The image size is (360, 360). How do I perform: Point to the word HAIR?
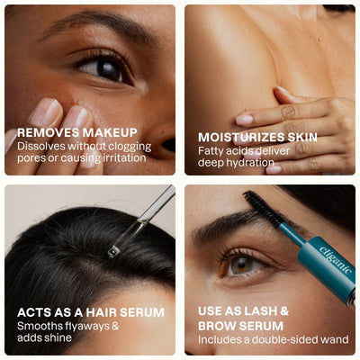click(x=102, y=312)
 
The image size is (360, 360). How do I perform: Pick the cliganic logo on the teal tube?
click(x=335, y=260)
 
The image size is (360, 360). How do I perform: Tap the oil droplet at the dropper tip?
click(x=113, y=251)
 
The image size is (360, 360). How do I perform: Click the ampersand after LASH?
click(x=283, y=311)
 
